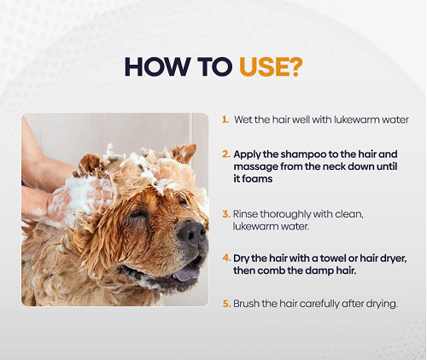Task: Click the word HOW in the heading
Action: pyautogui.click(x=156, y=66)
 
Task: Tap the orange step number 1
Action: pyautogui.click(x=225, y=119)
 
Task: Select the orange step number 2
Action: pyautogui.click(x=226, y=154)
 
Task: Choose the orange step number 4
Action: pyautogui.click(x=226, y=257)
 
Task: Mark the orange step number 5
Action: pyautogui.click(x=226, y=304)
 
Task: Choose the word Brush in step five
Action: pyautogui.click(x=248, y=304)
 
